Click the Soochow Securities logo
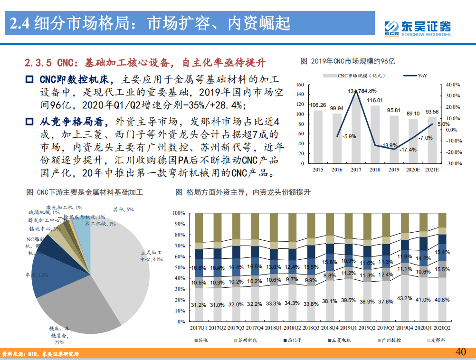[x=418, y=28]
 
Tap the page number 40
[x=460, y=352]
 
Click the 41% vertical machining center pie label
[x=152, y=256]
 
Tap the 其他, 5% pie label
[x=123, y=209]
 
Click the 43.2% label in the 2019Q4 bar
[x=405, y=298]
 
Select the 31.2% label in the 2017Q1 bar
[x=198, y=304]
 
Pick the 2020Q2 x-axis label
[x=442, y=328]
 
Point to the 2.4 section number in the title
[x=21, y=23]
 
